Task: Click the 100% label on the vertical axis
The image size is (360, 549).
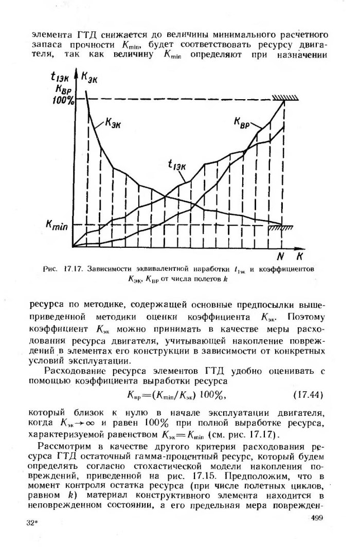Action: click(x=63, y=100)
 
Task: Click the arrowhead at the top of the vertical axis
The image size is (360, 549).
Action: click(x=75, y=72)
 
